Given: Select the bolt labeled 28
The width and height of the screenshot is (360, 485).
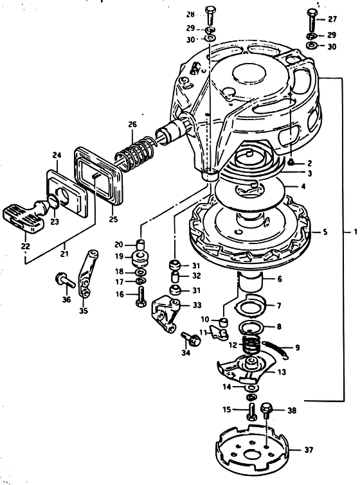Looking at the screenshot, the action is pyautogui.click(x=210, y=15).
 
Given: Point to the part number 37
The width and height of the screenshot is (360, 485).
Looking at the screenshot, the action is pyautogui.click(x=309, y=450).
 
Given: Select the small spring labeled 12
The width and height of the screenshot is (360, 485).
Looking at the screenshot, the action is pyautogui.click(x=251, y=344).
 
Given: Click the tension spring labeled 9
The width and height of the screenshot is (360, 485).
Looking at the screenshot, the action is pyautogui.click(x=276, y=349).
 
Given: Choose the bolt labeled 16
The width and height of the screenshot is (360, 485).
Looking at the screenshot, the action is pyautogui.click(x=141, y=295).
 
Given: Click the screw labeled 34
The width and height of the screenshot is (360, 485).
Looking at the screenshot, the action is pyautogui.click(x=191, y=339).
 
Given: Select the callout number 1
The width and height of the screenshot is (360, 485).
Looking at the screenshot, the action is pyautogui.click(x=355, y=231).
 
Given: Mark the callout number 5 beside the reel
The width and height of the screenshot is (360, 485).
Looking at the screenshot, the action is pyautogui.click(x=325, y=232).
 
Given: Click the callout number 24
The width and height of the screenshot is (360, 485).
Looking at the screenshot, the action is pyautogui.click(x=57, y=155).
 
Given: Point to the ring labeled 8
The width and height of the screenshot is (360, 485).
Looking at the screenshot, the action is pyautogui.click(x=251, y=326).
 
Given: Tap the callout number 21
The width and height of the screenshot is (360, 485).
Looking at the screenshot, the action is pyautogui.click(x=65, y=254).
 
